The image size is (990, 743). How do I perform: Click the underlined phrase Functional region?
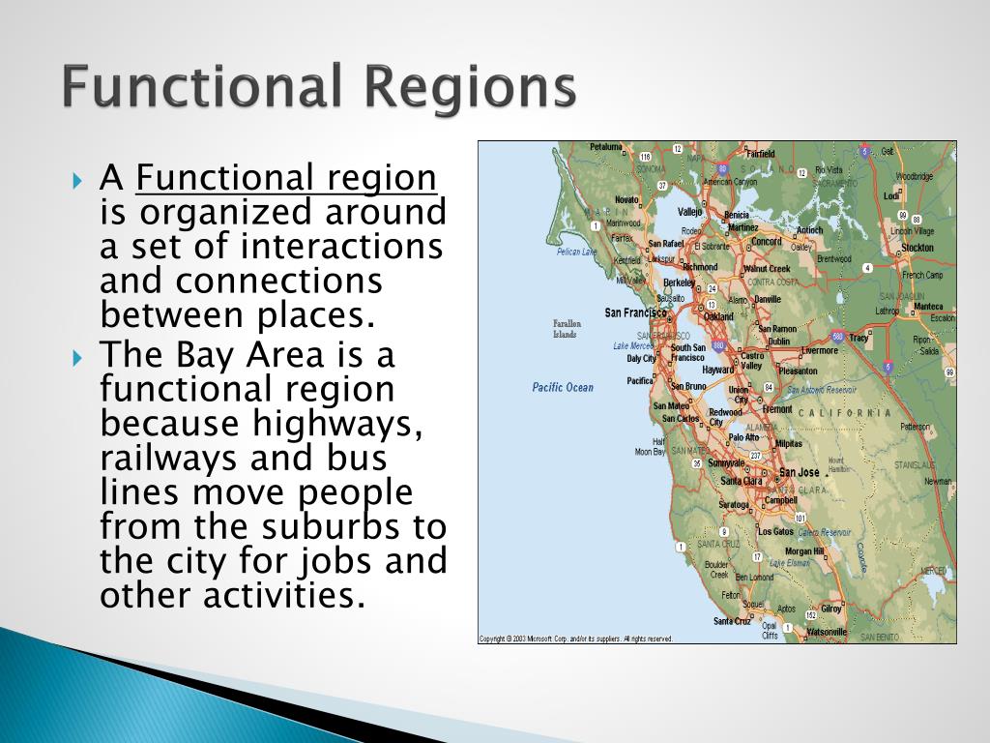pyautogui.click(x=287, y=179)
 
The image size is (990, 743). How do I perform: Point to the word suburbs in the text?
pyautogui.click(x=335, y=528)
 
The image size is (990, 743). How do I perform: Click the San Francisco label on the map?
pyautogui.click(x=635, y=312)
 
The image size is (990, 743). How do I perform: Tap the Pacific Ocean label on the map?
pyautogui.click(x=563, y=388)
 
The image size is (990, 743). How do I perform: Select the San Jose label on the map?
pyautogui.click(x=799, y=472)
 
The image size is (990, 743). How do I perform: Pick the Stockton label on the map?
pyautogui.click(x=917, y=248)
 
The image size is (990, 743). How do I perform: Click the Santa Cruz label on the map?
pyautogui.click(x=732, y=621)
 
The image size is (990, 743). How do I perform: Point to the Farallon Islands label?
pyautogui.click(x=565, y=329)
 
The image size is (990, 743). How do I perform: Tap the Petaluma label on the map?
pyautogui.click(x=606, y=147)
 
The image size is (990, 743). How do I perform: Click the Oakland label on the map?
pyautogui.click(x=718, y=316)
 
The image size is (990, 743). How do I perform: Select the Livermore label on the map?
pyautogui.click(x=821, y=350)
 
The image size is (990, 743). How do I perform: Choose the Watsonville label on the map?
pyautogui.click(x=827, y=632)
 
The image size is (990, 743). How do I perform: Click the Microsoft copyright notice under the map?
pyautogui.click(x=576, y=639)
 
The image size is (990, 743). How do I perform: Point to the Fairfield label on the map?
pyautogui.click(x=761, y=153)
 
